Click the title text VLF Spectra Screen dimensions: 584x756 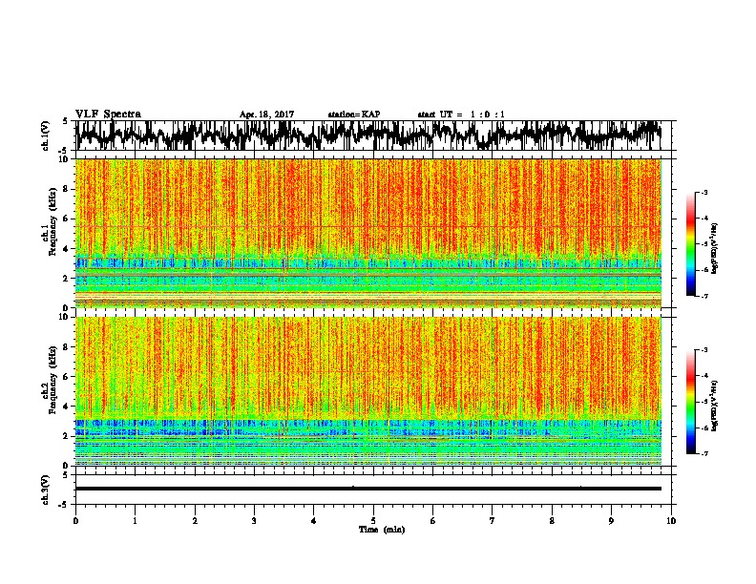pyautogui.click(x=108, y=115)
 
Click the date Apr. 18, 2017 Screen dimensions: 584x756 pyautogui.click(x=266, y=115)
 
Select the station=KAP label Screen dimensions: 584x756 pyautogui.click(x=353, y=115)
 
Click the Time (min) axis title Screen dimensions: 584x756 pyautogui.click(x=381, y=529)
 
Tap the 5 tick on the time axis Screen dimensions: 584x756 pyautogui.click(x=373, y=520)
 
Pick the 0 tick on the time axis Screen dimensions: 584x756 pyautogui.click(x=75, y=520)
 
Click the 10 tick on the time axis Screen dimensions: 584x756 pyautogui.click(x=671, y=520)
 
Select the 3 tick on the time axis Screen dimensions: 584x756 pyautogui.click(x=254, y=520)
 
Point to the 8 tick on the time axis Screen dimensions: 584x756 pyautogui.click(x=552, y=520)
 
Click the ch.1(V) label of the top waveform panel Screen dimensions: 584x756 pyautogui.click(x=47, y=136)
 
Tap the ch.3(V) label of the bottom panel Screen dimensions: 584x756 pyautogui.click(x=47, y=489)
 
